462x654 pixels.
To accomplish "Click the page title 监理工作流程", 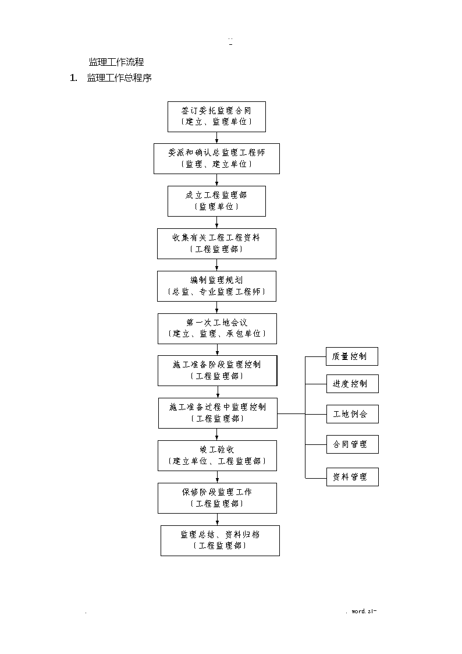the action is click(116, 62).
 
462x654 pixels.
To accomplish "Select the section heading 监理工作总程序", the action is click(119, 78).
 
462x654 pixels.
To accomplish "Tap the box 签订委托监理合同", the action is click(216, 117).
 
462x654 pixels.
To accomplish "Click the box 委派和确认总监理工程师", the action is click(216, 159).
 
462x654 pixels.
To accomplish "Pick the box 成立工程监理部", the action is click(216, 201).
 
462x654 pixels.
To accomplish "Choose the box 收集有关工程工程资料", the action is click(216, 243).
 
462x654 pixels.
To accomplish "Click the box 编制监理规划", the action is click(216, 286).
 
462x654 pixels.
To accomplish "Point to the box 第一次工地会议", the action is click(217, 328).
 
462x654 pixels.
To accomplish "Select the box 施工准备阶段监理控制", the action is click(218, 371).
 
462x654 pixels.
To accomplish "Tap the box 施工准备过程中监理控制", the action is click(218, 413).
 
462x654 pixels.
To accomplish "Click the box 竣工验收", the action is click(217, 456).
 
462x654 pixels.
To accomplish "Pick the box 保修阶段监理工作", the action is click(217, 499).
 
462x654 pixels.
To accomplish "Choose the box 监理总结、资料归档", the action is click(220, 540).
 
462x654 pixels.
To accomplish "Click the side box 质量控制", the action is click(352, 356).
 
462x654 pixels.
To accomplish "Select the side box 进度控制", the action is click(353, 384).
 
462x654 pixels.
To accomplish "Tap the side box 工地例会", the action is click(353, 414).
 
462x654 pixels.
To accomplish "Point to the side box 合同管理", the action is click(353, 444).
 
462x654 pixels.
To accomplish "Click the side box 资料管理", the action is click(353, 477).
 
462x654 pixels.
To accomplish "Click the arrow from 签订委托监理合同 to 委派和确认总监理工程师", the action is click(216, 137).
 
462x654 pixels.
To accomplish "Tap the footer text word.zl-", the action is click(364, 611).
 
